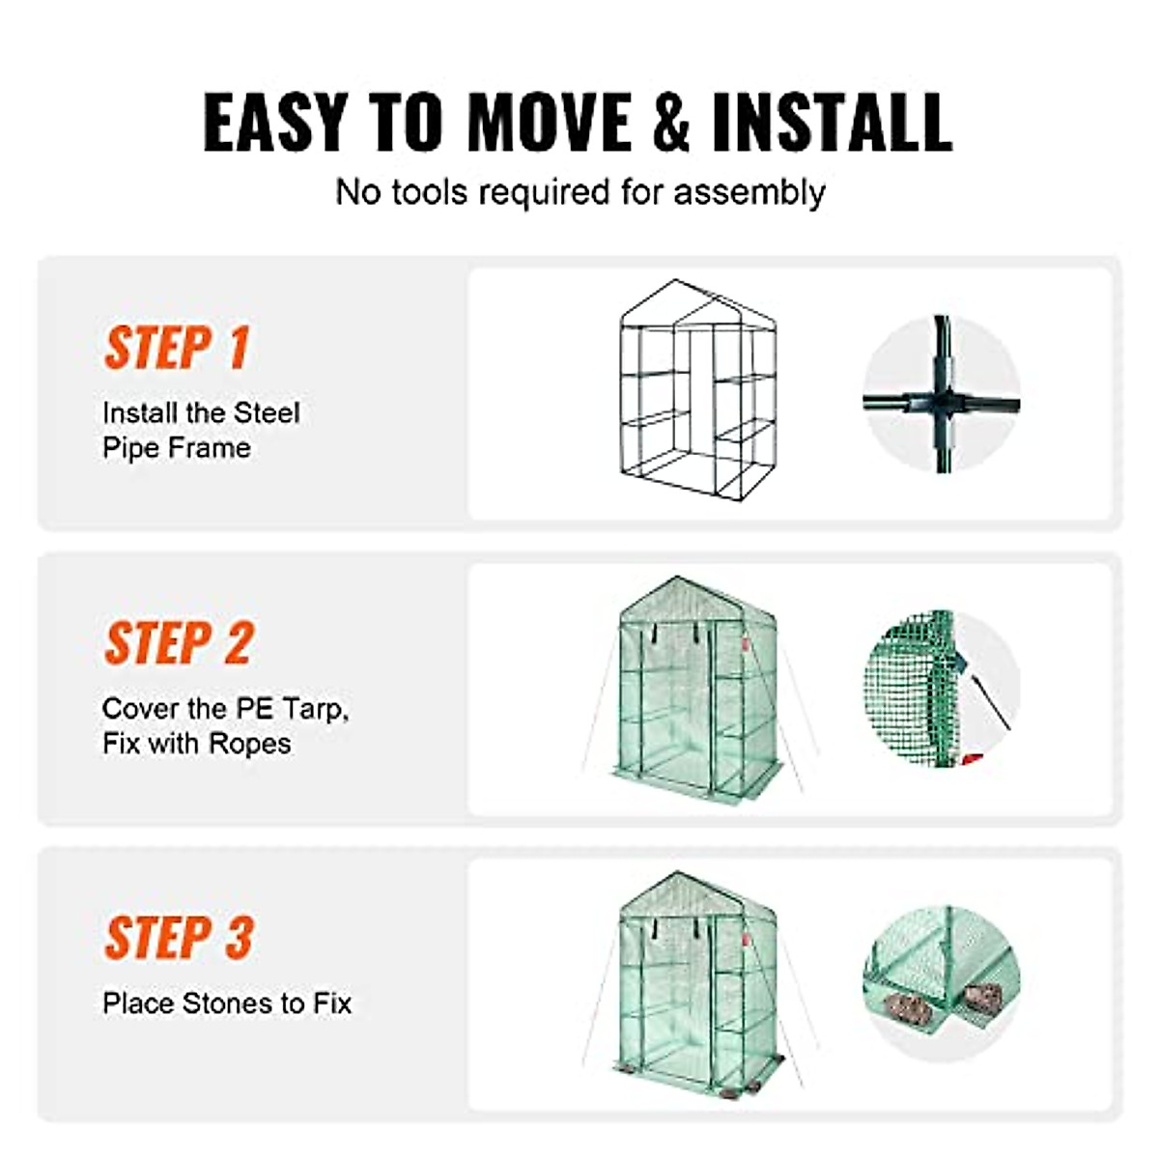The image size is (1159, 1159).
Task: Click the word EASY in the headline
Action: (x=275, y=123)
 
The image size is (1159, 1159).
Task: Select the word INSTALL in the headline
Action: (x=833, y=123)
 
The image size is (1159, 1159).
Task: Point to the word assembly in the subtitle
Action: (x=749, y=192)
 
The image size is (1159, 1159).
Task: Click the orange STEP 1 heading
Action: (x=177, y=348)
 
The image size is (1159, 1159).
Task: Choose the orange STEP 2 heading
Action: (x=179, y=643)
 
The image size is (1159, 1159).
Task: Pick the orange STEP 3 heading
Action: (x=179, y=938)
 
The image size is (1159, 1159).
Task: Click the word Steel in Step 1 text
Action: (x=268, y=413)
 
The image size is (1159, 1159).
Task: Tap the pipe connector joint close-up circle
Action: (x=941, y=394)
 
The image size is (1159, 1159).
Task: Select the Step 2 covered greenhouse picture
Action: (x=697, y=688)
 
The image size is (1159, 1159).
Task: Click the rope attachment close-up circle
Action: (x=941, y=689)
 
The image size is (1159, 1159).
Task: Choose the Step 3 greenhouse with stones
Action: (x=697, y=983)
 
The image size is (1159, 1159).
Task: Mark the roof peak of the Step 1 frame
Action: (x=677, y=282)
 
